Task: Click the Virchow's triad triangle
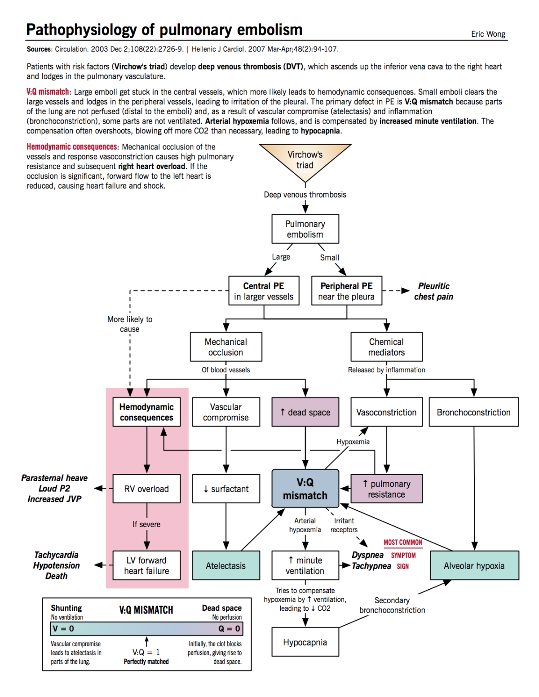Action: [x=305, y=159]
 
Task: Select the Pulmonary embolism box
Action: [x=305, y=229]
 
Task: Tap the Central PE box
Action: [x=264, y=291]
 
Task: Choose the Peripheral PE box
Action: [x=346, y=291]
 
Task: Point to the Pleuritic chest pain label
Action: [x=433, y=291]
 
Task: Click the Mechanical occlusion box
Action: [x=226, y=347]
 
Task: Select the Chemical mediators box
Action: [x=386, y=347]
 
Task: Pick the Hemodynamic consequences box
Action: [x=146, y=412]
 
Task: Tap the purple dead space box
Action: [x=305, y=412]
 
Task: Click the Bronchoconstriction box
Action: [x=473, y=412]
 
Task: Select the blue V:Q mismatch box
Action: [x=305, y=489]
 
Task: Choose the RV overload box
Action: [x=146, y=489]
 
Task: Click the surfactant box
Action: [x=226, y=489]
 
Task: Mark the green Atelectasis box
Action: [x=226, y=565]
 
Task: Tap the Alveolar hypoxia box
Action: [x=474, y=565]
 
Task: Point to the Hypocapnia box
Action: [x=305, y=642]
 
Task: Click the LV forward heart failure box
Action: [x=146, y=565]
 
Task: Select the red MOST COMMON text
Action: [x=403, y=543]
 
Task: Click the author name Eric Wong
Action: [x=488, y=34]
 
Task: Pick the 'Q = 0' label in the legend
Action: [x=229, y=629]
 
